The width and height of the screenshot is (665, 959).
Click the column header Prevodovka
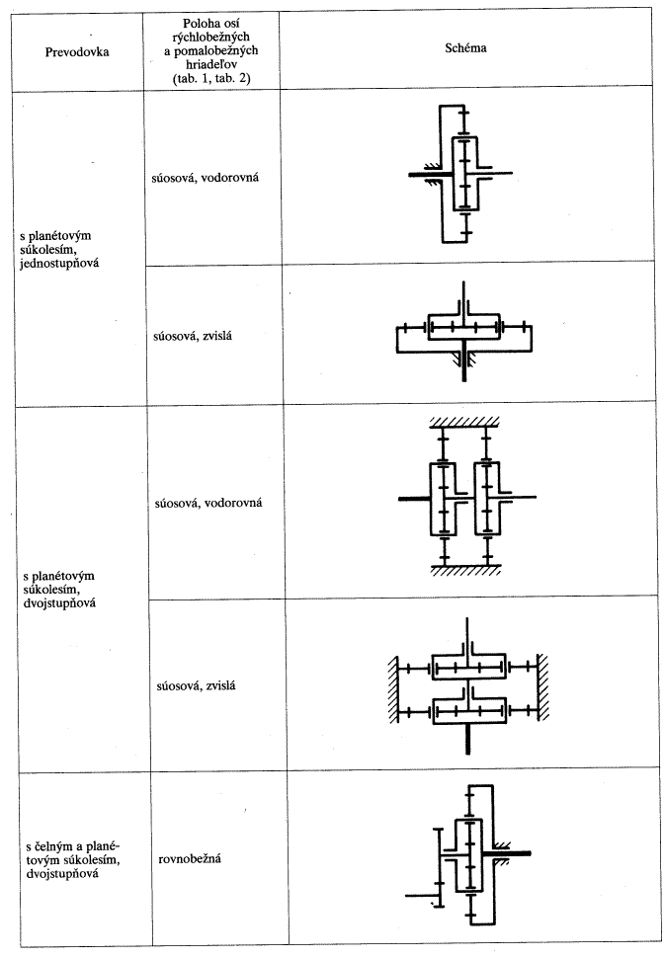pyautogui.click(x=77, y=52)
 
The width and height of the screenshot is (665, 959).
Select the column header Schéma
pyautogui.click(x=465, y=47)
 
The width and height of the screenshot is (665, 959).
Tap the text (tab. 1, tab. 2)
pyautogui.click(x=211, y=78)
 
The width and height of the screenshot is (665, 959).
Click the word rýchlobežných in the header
pyautogui.click(x=211, y=37)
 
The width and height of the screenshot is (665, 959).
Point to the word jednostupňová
pyautogui.click(x=59, y=265)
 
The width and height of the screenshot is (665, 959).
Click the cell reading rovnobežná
pyautogui.click(x=190, y=859)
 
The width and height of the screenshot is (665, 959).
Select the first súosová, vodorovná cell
pyautogui.click(x=205, y=178)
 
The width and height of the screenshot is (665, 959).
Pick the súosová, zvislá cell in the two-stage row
pyautogui.click(x=196, y=685)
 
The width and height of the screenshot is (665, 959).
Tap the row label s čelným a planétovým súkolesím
pyautogui.click(x=73, y=853)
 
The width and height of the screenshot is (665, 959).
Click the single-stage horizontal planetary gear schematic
pyautogui.click(x=460, y=174)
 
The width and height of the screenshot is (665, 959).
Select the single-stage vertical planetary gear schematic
pyautogui.click(x=464, y=332)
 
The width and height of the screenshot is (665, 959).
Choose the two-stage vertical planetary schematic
pyautogui.click(x=468, y=686)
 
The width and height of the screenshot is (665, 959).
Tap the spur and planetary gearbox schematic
pyautogui.click(x=468, y=855)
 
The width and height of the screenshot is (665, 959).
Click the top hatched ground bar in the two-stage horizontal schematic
pyautogui.click(x=464, y=422)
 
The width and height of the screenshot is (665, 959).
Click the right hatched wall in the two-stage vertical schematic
pyautogui.click(x=542, y=686)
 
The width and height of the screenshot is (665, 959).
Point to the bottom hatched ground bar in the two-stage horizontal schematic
pyautogui.click(x=466, y=570)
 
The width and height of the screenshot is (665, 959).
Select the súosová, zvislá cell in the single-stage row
pyautogui.click(x=192, y=336)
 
